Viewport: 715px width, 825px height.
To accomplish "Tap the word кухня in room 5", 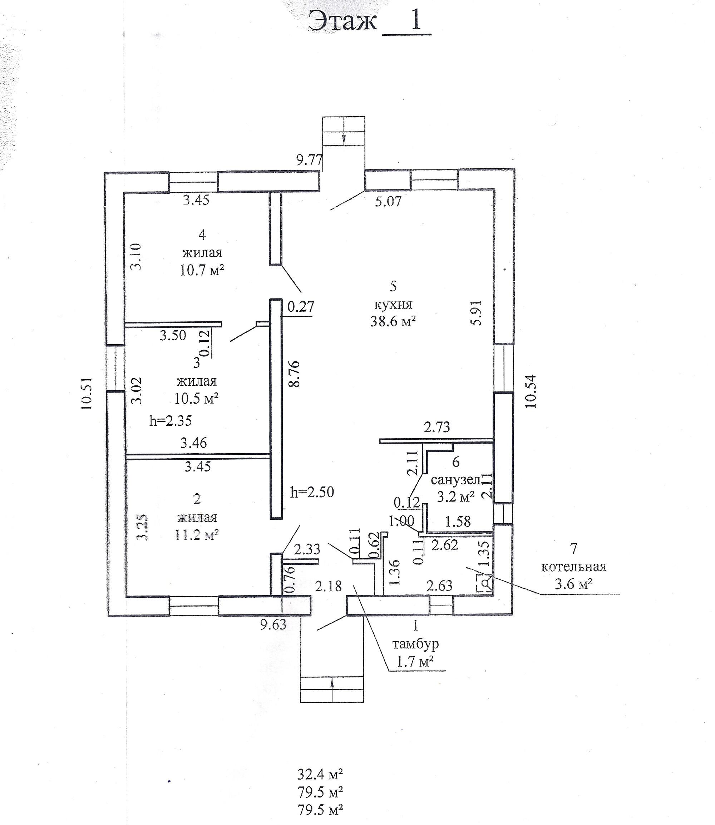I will click(393, 305).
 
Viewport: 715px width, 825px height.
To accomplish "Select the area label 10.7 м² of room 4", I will click(202, 271).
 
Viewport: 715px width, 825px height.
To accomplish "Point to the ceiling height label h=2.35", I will click(171, 420).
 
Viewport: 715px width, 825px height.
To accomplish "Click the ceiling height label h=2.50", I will click(312, 492).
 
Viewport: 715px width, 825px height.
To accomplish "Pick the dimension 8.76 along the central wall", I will click(295, 374).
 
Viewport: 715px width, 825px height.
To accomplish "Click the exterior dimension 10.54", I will click(531, 391).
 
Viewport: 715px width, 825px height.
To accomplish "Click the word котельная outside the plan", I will click(573, 567).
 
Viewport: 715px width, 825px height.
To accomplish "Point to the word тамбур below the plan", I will click(415, 644).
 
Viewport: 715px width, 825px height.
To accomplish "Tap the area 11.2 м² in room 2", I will click(197, 535).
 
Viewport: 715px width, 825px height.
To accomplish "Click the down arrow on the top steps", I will click(343, 138).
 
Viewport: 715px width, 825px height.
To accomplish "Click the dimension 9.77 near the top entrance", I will click(309, 160).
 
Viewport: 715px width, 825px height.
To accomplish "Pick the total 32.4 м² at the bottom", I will click(320, 774).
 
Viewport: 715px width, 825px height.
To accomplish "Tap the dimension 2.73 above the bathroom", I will click(437, 428).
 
